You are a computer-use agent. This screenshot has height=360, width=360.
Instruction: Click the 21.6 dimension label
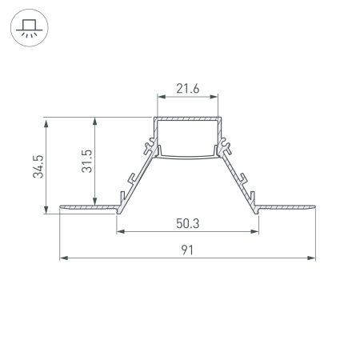[x=186, y=90]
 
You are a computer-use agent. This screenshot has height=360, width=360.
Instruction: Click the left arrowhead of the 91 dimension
[x=63, y=258]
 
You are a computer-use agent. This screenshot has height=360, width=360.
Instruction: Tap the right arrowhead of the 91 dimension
[x=312, y=258]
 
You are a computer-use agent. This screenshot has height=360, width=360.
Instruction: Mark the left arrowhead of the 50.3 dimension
[x=121, y=232]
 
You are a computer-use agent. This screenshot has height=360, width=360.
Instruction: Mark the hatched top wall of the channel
[x=187, y=119]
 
